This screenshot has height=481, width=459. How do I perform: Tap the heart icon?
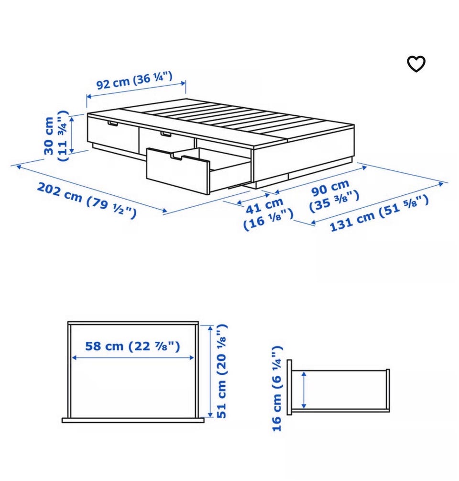tap(416, 64)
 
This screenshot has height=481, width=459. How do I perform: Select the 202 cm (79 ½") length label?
tap(87, 201)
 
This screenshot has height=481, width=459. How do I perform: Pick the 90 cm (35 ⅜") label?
tap(334, 196)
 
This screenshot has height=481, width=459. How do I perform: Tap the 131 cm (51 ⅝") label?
tap(379, 213)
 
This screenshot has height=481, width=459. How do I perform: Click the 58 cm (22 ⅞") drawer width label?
tap(132, 346)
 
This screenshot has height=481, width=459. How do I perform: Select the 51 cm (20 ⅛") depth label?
tap(221, 371)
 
